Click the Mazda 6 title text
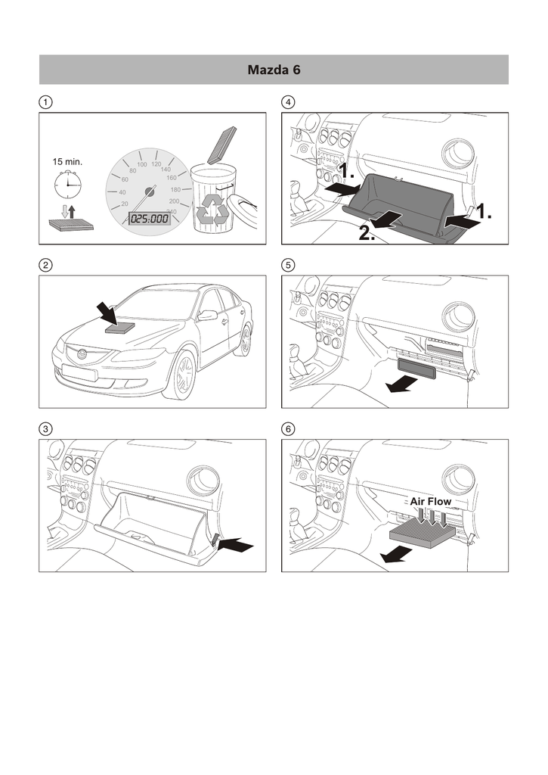point(274,70)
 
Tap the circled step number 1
point(46,101)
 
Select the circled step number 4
point(288,101)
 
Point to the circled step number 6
point(288,428)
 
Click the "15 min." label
point(67,162)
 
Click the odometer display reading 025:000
point(149,218)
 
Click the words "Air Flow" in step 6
point(430,501)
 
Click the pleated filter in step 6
point(422,535)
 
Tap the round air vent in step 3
point(205,480)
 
